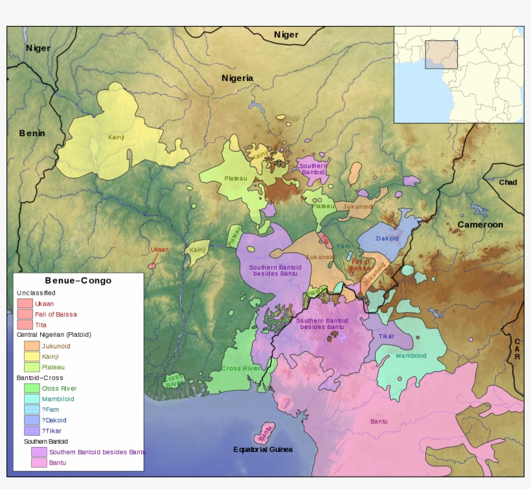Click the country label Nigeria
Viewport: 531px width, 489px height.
click(x=237, y=78)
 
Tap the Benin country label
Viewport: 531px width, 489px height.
click(x=32, y=133)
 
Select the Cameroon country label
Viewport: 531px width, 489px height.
click(x=480, y=225)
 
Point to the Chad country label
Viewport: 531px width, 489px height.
click(x=508, y=182)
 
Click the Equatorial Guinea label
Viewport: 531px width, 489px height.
click(x=263, y=449)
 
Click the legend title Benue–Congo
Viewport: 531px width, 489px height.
click(x=78, y=280)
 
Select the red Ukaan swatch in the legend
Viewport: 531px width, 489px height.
click(x=25, y=303)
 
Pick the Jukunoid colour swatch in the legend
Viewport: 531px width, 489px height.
click(x=32, y=346)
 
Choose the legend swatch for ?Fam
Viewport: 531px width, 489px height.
click(x=32, y=409)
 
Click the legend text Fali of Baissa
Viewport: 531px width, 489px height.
click(x=56, y=314)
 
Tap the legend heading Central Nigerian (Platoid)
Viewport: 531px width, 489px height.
click(x=54, y=335)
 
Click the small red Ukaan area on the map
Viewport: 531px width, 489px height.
click(x=152, y=264)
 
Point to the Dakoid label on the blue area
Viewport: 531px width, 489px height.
click(x=387, y=238)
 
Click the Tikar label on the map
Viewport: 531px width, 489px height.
click(x=386, y=336)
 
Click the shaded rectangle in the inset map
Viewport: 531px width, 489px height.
click(x=441, y=54)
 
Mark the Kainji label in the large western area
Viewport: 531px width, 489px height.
click(x=116, y=137)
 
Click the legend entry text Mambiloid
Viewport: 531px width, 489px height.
click(x=62, y=399)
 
